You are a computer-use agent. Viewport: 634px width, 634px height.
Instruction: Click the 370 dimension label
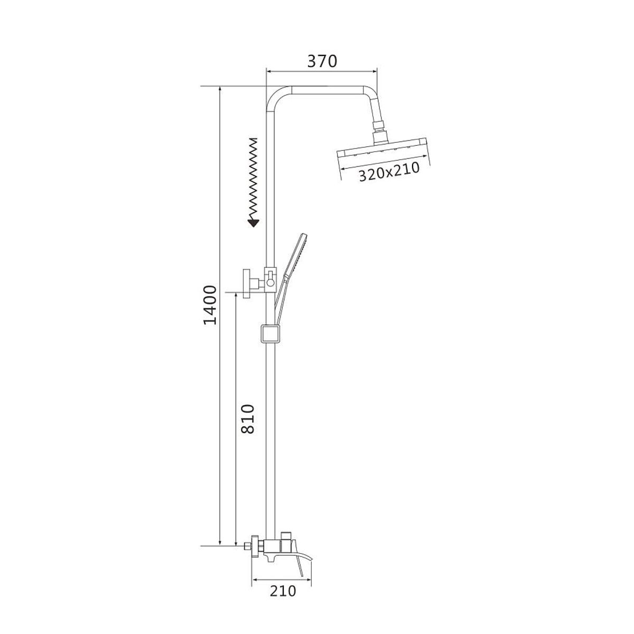[322, 61]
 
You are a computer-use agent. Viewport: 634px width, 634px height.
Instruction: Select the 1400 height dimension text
[210, 305]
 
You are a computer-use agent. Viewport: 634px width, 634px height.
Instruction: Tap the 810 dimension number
[248, 419]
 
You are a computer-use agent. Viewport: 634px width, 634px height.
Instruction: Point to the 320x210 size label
[389, 172]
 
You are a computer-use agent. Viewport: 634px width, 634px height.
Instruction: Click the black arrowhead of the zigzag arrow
[254, 223]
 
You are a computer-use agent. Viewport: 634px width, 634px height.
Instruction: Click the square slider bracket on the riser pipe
[271, 334]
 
